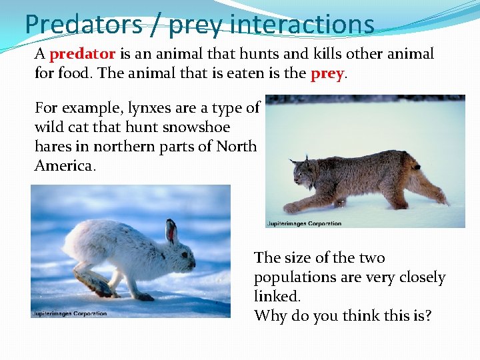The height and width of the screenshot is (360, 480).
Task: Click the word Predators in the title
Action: pyautogui.click(x=83, y=25)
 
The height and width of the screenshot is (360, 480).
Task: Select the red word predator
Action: pyautogui.click(x=83, y=53)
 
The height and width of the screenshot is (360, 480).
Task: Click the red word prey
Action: pyautogui.click(x=327, y=73)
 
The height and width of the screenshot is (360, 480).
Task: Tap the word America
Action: pyautogui.click(x=65, y=165)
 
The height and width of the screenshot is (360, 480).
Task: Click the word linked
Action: pyautogui.click(x=277, y=296)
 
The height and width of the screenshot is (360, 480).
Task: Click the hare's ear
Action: pyautogui.click(x=171, y=230)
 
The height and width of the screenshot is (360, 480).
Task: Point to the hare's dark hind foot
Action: pyautogui.click(x=99, y=287)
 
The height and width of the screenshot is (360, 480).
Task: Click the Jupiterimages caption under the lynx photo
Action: pyautogui.click(x=303, y=223)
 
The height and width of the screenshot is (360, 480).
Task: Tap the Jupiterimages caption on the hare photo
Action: pyautogui.click(x=69, y=313)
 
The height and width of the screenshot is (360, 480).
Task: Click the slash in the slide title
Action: pyautogui.click(x=154, y=25)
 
